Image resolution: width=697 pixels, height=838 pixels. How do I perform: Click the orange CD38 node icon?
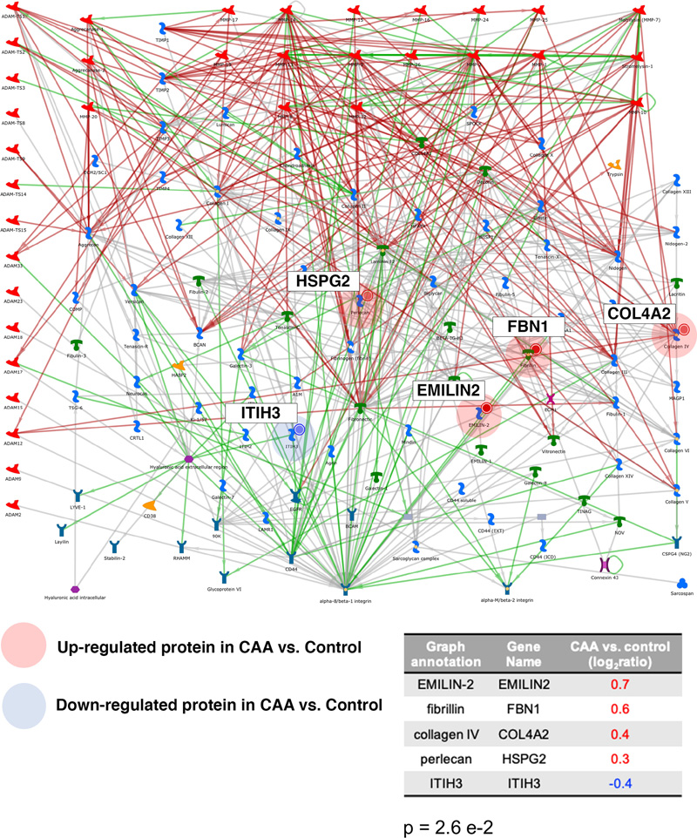(x=149, y=504)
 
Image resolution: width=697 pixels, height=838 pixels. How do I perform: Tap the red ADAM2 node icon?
(x=12, y=505)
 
